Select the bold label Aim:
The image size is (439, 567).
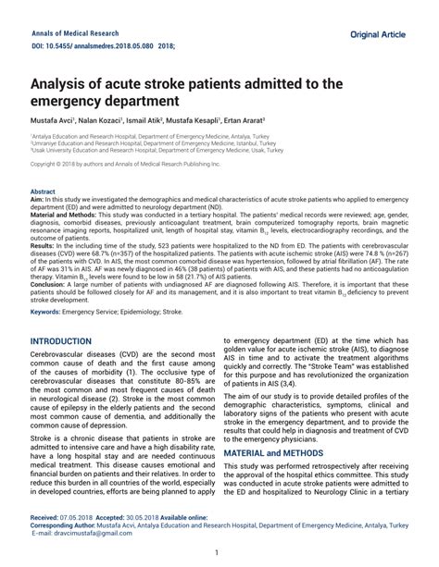(37, 199)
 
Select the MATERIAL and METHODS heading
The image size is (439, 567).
(282, 452)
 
